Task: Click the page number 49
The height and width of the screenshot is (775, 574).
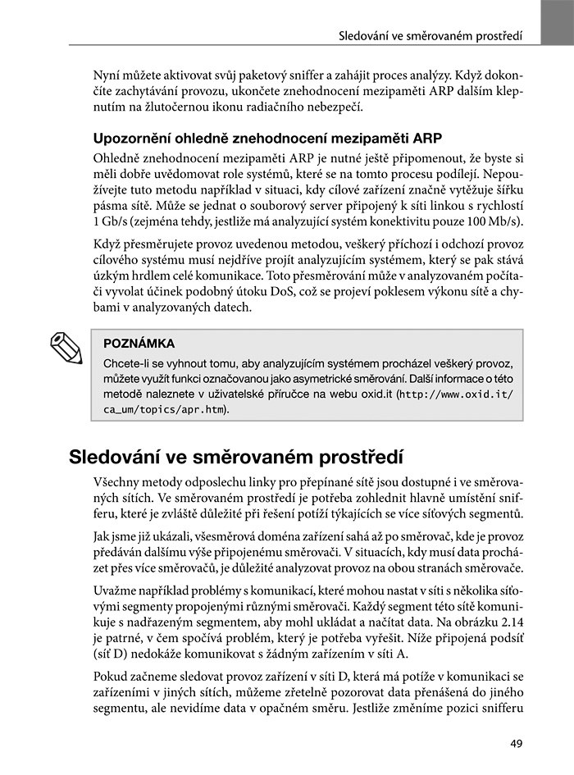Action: tap(515, 745)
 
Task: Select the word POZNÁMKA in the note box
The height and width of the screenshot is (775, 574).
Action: tap(139, 343)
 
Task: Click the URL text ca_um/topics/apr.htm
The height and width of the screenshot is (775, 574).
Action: tap(165, 409)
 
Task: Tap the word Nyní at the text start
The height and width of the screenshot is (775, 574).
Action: tap(111, 74)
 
